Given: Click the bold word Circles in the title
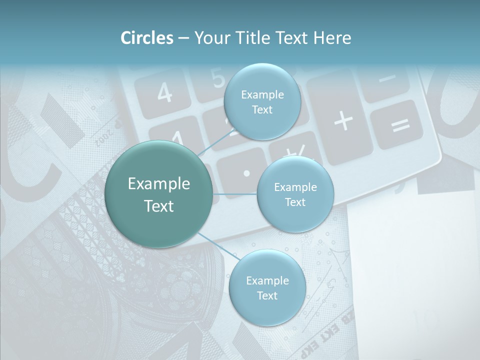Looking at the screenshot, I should coord(147,38).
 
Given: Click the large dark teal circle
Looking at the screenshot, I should coord(159,194).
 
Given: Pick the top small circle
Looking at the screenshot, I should coord(261,102).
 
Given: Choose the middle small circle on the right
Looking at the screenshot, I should coord(295,194).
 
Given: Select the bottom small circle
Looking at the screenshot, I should coord(267,288).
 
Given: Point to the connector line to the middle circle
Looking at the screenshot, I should coord(235,194).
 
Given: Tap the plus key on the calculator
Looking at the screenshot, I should coord(343,121).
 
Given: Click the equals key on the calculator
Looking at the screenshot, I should coord(400,124).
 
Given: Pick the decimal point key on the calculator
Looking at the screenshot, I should coord(246,172).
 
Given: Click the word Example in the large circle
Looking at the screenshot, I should coord(159,184).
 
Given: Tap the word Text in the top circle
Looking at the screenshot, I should coord(261,109).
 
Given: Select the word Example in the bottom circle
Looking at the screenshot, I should coord(267,280).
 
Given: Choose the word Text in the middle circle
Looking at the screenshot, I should coord(295,202).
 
